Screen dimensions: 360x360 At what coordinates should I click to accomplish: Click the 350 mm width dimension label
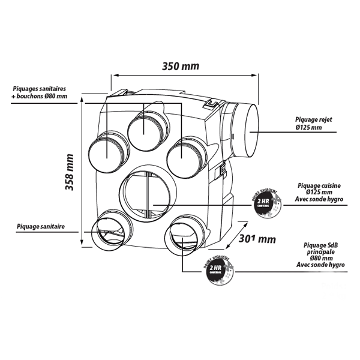pyautogui.click(x=180, y=66)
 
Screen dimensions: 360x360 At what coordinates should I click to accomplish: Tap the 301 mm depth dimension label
pyautogui.click(x=256, y=238)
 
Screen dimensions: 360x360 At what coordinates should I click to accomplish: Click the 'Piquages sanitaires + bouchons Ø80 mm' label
pyautogui.click(x=39, y=92)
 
